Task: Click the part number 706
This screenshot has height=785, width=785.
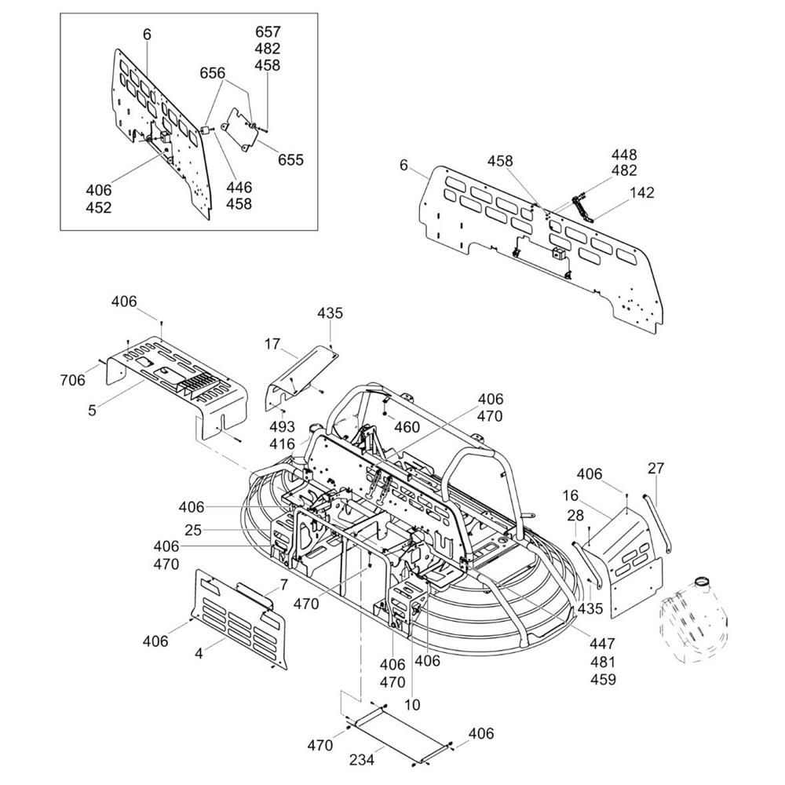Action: pos(72,381)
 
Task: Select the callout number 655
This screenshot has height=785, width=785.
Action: pos(291,159)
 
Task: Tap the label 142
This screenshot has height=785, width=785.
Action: pos(641,193)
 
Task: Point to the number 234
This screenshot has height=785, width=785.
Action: pos(361,760)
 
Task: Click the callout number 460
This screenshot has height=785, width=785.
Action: pos(407,426)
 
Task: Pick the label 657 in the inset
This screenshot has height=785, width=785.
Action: pos(268,32)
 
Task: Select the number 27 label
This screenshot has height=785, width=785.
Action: pos(655,468)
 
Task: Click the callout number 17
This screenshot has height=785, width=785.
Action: pos(272,344)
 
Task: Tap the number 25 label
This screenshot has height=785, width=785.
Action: pos(193,530)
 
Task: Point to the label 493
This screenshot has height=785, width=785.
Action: pos(282,427)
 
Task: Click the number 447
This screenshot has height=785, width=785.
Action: pos(602,644)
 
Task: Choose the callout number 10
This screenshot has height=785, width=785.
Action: pos(412,705)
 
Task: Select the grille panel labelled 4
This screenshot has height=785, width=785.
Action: pos(239,619)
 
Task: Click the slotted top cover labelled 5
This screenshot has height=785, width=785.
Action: pos(177,385)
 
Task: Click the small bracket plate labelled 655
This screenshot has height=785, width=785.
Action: pos(239,129)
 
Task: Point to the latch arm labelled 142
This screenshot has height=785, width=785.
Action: pos(582,210)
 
